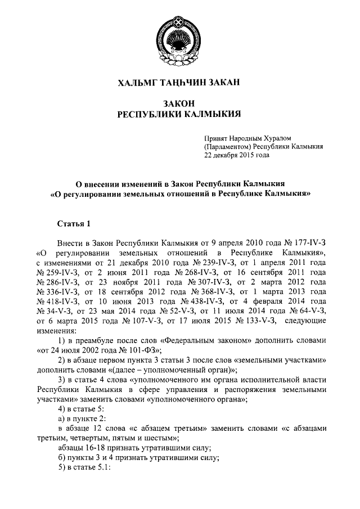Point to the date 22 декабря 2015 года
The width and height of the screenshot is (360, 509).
tap(237, 156)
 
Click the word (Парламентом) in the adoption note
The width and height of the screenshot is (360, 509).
tap(228, 146)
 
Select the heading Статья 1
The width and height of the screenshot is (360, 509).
tap(74, 225)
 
